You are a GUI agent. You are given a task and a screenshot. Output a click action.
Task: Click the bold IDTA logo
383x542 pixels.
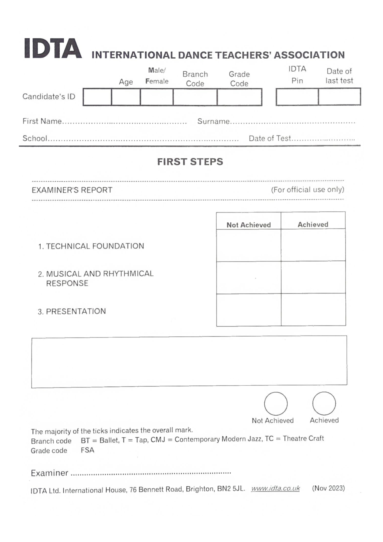[x=53, y=49]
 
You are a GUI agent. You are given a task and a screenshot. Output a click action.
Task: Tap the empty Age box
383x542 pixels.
[x=126, y=97]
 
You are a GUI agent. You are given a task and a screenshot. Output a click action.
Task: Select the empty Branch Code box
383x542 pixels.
[x=195, y=97]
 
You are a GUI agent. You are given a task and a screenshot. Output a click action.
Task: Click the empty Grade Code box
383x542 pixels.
[x=239, y=97]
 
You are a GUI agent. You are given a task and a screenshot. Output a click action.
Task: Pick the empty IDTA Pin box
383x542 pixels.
[x=297, y=97]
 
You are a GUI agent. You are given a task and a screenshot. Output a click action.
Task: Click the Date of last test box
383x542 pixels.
[x=339, y=97]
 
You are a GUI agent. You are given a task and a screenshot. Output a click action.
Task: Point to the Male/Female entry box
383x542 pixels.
[x=157, y=97]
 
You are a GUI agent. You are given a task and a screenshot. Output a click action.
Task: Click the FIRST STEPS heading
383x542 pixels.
[x=190, y=162]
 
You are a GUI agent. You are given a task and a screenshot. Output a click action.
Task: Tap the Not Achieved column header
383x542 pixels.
[x=249, y=225]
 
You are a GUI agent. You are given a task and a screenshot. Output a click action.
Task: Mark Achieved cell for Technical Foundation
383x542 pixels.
[x=313, y=245]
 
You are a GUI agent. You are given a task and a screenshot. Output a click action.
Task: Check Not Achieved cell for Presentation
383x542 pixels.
[x=249, y=310]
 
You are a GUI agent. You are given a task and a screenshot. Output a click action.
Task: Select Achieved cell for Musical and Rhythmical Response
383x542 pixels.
[x=313, y=277]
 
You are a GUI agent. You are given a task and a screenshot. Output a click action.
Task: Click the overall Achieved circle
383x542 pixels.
[x=324, y=403]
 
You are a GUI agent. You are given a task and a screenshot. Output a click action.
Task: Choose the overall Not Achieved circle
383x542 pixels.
[x=276, y=404]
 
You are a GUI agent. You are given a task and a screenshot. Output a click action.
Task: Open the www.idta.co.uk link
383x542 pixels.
[x=275, y=488]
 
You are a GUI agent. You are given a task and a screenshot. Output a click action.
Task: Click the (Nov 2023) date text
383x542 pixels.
[x=328, y=488]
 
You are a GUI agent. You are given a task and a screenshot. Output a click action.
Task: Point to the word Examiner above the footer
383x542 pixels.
[x=50, y=473]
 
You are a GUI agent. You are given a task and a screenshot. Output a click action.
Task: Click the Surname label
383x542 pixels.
[x=213, y=121]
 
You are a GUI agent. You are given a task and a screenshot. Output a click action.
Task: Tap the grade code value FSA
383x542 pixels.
[x=87, y=450]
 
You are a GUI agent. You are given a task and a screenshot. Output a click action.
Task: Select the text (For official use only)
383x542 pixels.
[x=308, y=189]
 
